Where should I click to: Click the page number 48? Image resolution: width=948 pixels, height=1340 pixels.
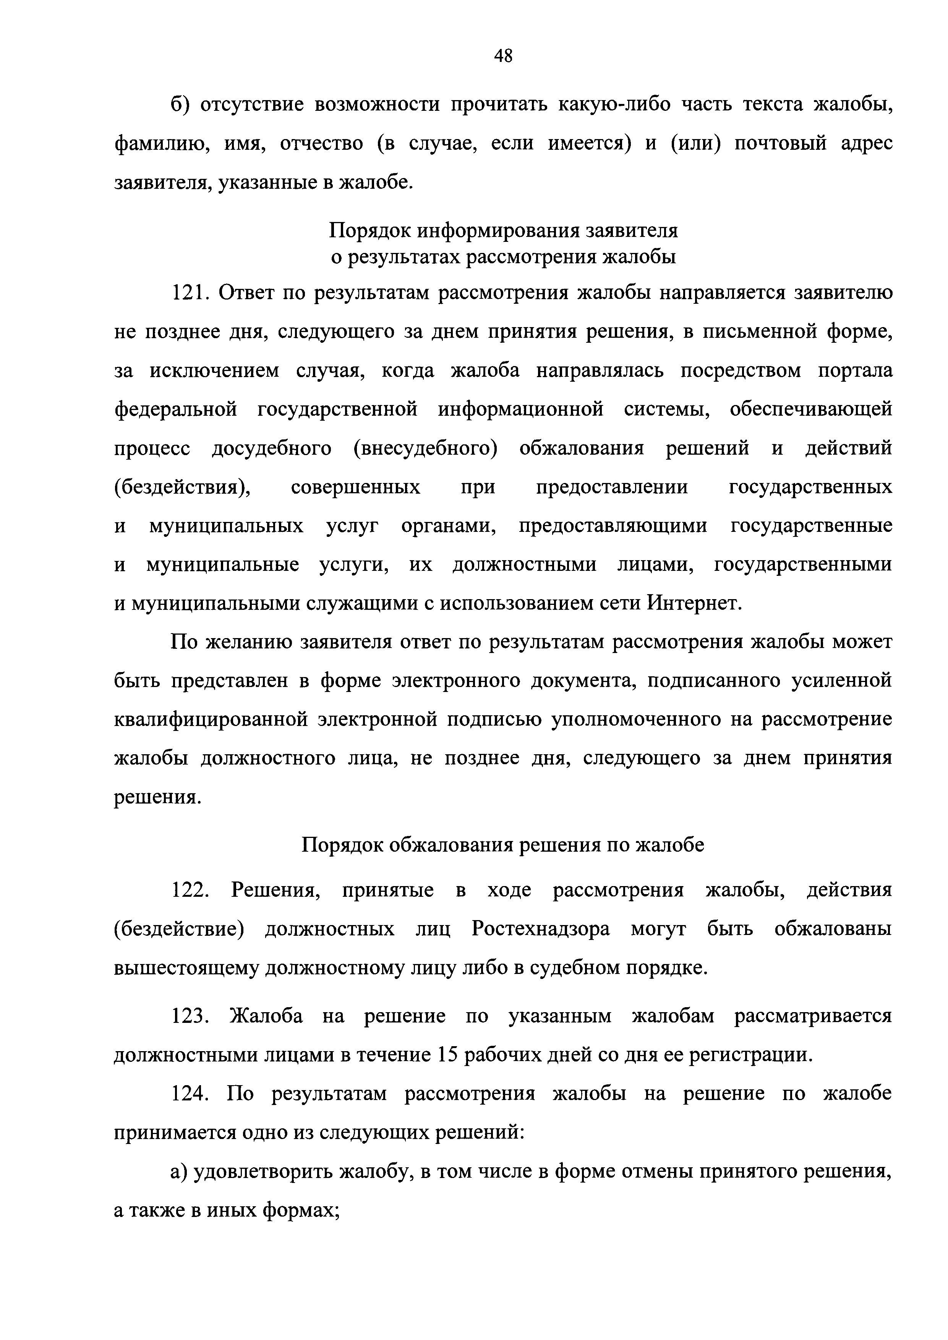[x=503, y=56]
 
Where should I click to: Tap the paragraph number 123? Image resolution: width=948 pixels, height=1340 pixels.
[x=190, y=1016]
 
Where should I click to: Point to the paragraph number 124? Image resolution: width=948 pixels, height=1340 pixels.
[x=190, y=1093]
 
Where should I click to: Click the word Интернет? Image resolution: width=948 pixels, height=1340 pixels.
[x=694, y=603]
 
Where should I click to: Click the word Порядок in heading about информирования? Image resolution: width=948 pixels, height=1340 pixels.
[x=369, y=230]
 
